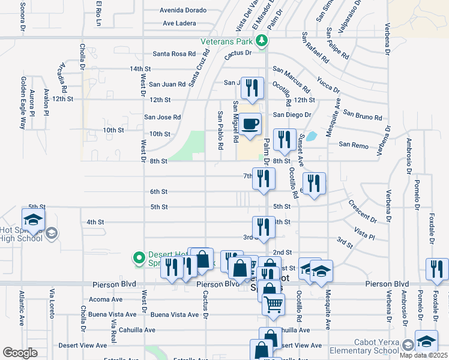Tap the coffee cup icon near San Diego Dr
(x=252, y=124)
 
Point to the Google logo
(x=20, y=353)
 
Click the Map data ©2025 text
(x=423, y=355)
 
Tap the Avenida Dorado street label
(x=183, y=10)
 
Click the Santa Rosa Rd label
(x=174, y=53)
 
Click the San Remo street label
(x=352, y=144)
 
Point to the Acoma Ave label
(x=105, y=299)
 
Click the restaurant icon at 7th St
(x=264, y=178)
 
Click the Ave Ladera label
(x=179, y=23)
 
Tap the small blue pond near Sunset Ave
(x=311, y=136)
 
